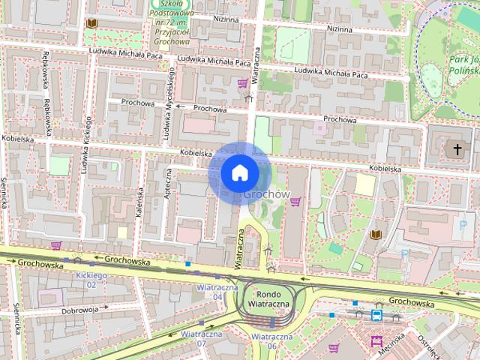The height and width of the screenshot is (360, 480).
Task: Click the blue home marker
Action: click(238, 172)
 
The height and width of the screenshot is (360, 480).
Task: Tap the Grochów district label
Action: click(266, 193)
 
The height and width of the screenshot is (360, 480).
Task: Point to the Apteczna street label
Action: click(169, 183)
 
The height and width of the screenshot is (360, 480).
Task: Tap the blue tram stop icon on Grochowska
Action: click(376, 315)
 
